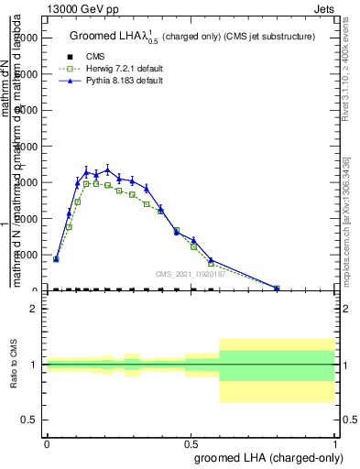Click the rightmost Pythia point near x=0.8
[x=278, y=288]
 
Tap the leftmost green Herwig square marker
[x=56, y=260]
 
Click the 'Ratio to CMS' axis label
[x=16, y=365]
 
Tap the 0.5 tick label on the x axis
[x=191, y=442]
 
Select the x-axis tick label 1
[x=334, y=442]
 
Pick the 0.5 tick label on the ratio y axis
[x=29, y=420]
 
